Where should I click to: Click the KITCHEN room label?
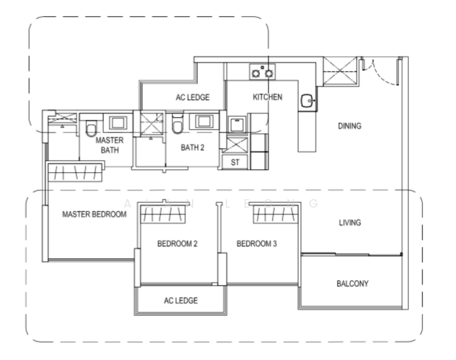pos(267,97)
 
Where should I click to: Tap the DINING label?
pos(350,126)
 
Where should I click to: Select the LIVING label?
pos(350,223)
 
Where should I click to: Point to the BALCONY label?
pos(352,284)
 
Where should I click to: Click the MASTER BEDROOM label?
pos(95,214)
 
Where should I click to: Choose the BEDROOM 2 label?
pos(178,244)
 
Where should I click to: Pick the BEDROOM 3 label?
pos(257,244)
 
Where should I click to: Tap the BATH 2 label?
pos(193,148)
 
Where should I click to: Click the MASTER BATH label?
pos(110,145)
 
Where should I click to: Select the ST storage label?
pos(235,162)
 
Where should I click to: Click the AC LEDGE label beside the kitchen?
pos(193,97)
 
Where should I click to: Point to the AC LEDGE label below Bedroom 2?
pos(181,301)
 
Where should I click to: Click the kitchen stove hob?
pos(262,72)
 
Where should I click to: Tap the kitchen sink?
pos(307,101)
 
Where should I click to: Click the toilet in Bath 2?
pos(178,124)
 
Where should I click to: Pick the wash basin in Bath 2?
pos(204,122)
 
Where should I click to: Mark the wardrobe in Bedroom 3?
pos(275,214)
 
